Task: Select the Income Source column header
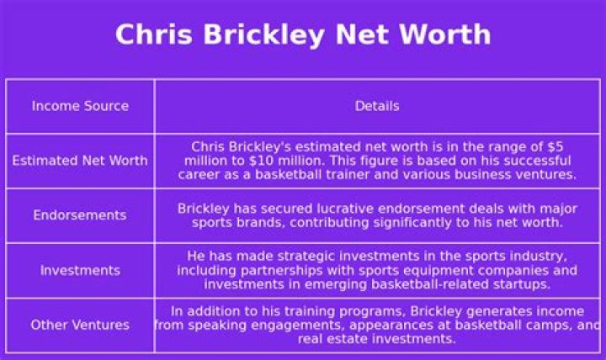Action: pyautogui.click(x=80, y=106)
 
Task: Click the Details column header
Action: pyautogui.click(x=377, y=106)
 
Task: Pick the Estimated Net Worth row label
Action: pyautogui.click(x=80, y=161)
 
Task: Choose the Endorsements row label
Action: pyautogui.click(x=80, y=215)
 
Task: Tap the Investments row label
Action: pyautogui.click(x=80, y=271)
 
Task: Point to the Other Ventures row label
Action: pyautogui.click(x=80, y=326)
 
